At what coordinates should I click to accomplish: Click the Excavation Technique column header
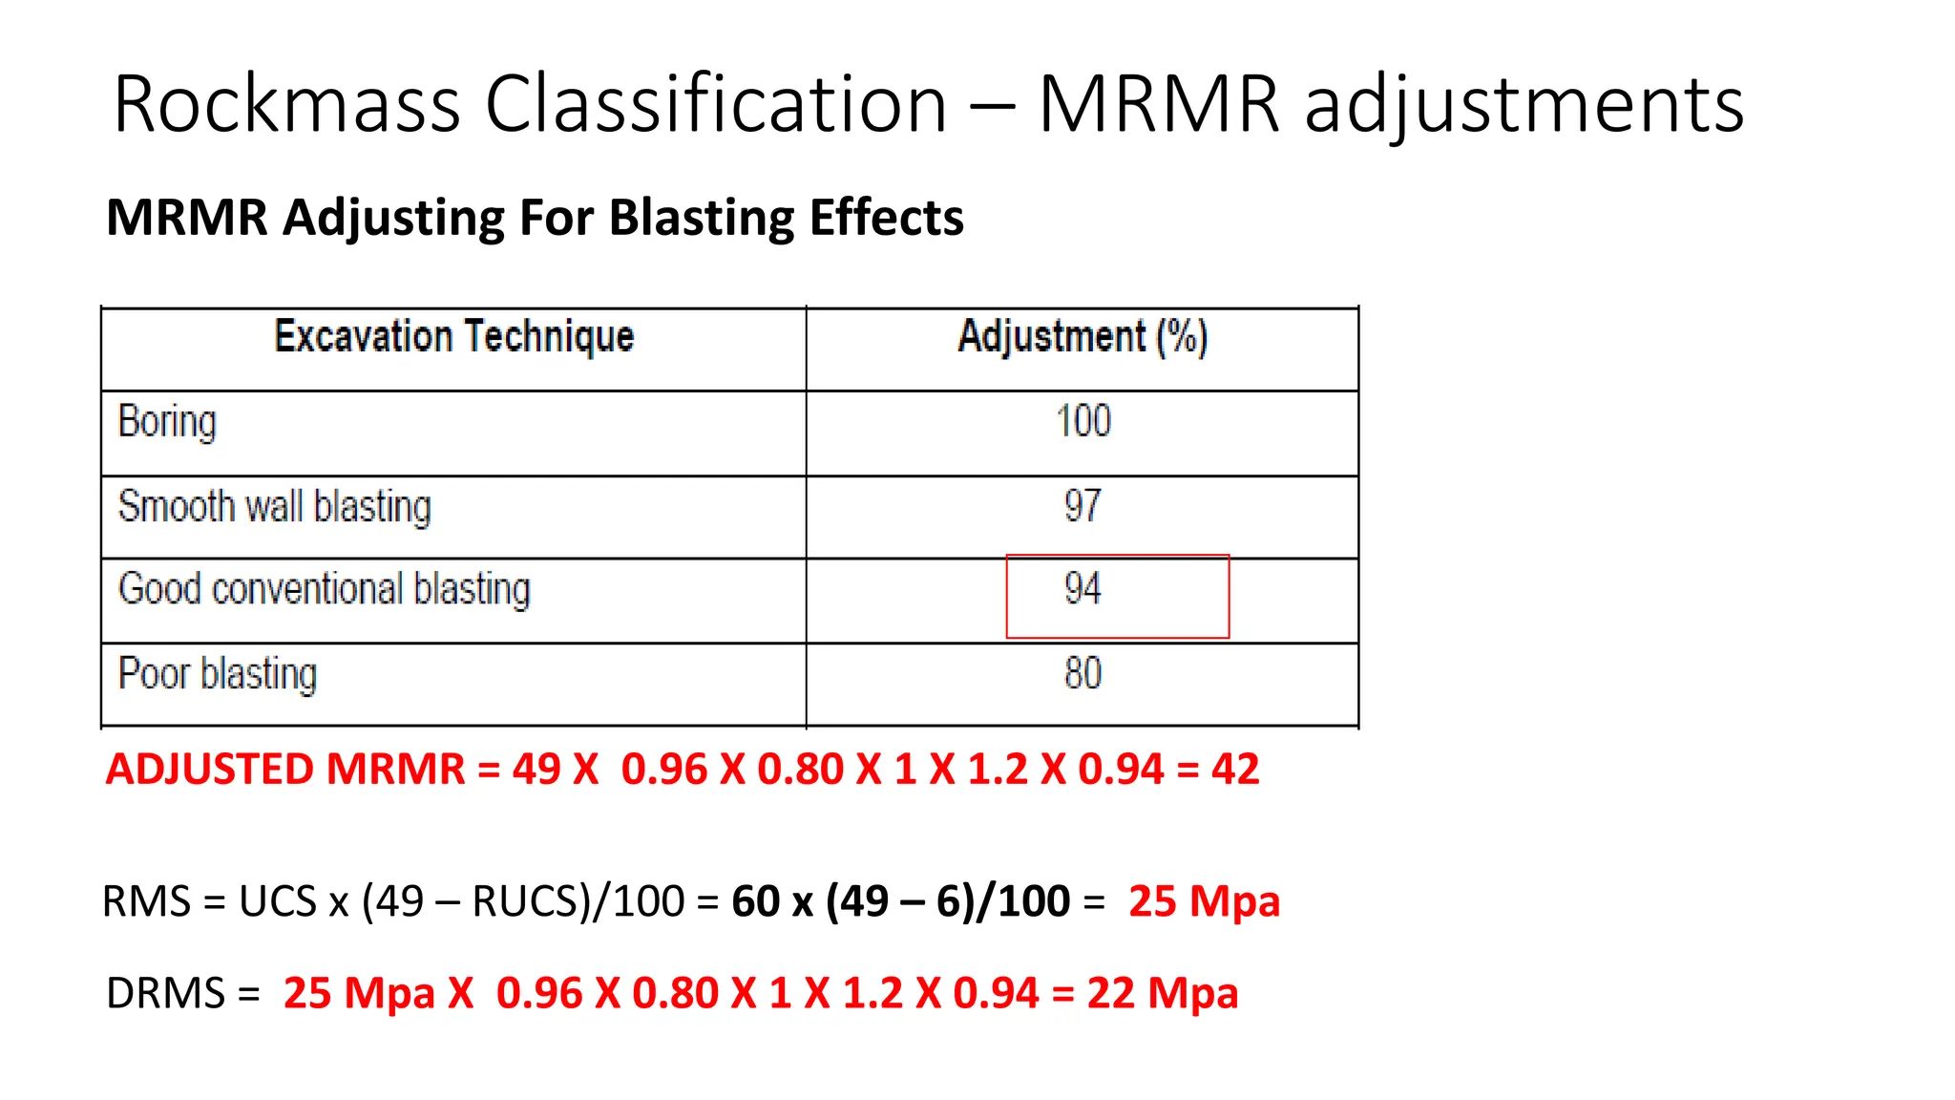pos(454,337)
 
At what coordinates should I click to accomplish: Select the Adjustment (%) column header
pos(1083,337)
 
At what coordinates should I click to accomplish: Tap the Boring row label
pos(167,422)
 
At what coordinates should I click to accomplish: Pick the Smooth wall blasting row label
pos(275,506)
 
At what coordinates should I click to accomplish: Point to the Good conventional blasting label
pos(324,589)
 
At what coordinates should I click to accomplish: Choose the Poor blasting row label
pos(218,674)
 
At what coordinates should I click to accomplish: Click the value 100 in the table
pos(1083,421)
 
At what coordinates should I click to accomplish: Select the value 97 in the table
pos(1083,505)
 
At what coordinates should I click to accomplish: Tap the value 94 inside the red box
pos(1083,589)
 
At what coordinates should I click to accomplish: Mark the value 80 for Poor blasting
pos(1083,674)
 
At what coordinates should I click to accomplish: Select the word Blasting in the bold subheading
pos(701,218)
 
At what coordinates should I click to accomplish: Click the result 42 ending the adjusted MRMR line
pos(1235,770)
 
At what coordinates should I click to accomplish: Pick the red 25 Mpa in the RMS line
pos(1204,901)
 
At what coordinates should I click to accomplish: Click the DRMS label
pos(165,993)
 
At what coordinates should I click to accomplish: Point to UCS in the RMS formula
pos(277,901)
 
